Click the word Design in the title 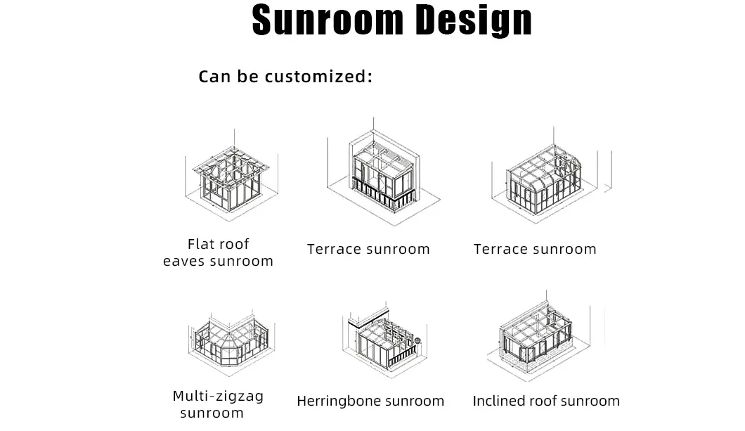[x=473, y=21]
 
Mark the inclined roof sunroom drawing [x=538, y=337]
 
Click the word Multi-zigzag [x=218, y=396]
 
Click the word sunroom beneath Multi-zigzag [x=212, y=413]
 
